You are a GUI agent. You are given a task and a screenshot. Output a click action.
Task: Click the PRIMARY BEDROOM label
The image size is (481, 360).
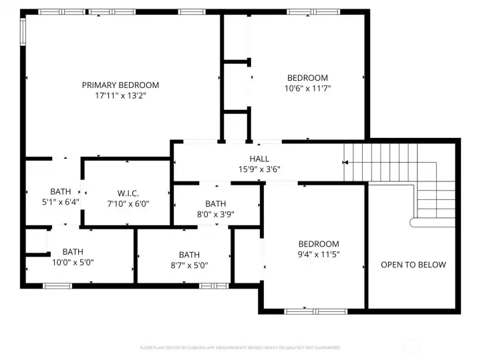point(120,85)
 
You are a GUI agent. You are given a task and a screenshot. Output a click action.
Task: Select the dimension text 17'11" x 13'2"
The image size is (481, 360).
point(120,95)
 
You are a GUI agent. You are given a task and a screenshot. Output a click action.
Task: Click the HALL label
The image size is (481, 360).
point(259,159)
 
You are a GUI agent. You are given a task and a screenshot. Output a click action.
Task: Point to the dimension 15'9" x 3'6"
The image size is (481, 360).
point(259,169)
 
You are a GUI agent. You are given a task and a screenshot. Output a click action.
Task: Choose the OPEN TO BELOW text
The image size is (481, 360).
point(413,265)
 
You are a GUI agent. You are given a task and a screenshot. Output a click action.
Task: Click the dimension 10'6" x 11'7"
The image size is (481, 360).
point(307,88)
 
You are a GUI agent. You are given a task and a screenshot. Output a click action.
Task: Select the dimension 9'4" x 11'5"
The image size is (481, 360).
point(318,254)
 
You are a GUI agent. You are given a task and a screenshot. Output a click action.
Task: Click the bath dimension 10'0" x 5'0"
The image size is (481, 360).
point(73,262)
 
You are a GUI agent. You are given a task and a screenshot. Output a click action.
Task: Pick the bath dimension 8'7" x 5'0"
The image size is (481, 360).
point(189,265)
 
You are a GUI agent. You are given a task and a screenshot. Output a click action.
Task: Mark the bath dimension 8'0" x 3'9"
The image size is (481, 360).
point(215,214)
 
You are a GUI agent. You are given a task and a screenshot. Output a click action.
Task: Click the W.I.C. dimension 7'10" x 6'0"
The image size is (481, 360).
point(129,203)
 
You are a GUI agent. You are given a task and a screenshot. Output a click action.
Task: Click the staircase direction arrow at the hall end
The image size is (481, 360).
point(345,162)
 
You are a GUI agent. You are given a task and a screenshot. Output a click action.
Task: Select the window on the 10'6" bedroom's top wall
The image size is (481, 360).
point(313,12)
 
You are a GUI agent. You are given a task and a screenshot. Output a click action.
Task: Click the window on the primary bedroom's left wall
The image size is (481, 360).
point(23,29)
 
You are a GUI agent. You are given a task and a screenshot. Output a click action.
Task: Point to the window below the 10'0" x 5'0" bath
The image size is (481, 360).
point(57,286)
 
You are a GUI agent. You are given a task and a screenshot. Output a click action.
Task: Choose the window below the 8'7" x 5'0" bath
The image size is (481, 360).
point(210,286)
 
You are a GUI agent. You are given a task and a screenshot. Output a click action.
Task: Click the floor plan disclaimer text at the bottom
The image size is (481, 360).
point(240,347)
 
